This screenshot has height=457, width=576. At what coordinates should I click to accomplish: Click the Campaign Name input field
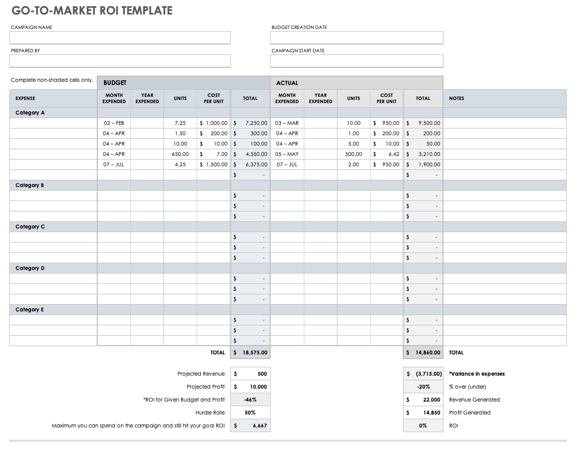tap(120, 38)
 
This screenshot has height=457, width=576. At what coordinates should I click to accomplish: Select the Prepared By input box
tap(120, 61)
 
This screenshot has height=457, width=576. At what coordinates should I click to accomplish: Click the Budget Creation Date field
tap(357, 38)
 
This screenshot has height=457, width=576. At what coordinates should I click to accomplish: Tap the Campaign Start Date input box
tap(357, 61)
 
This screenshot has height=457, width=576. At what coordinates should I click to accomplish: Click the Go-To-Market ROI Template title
tap(92, 10)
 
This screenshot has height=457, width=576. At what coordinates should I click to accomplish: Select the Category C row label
tap(30, 227)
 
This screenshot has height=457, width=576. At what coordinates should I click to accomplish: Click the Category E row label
tap(30, 310)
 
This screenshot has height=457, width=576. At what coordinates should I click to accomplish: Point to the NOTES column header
tap(456, 98)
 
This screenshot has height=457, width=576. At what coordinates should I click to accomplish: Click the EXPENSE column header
tap(25, 98)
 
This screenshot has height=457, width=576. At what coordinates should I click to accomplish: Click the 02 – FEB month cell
tap(114, 123)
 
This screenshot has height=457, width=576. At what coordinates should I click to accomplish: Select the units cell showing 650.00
tap(180, 154)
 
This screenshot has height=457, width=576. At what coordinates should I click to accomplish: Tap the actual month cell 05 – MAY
tap(287, 154)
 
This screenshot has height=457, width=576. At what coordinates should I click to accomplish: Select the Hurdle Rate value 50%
tap(250, 413)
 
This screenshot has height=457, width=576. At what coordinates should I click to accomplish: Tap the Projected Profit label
tap(205, 387)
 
